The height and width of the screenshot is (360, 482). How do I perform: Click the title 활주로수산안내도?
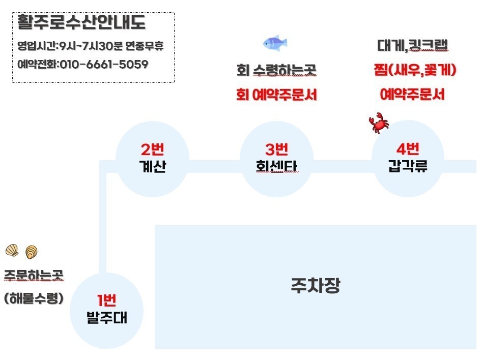tap(81, 23)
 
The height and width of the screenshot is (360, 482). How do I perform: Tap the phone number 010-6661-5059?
tap(104, 65)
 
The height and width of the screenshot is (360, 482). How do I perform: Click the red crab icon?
tap(378, 124)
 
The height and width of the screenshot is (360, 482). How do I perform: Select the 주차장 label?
tap(315, 286)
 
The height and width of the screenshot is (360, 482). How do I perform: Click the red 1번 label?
tap(107, 301)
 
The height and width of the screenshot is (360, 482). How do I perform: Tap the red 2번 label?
tap(152, 150)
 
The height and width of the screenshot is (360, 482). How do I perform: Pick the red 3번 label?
tap(276, 150)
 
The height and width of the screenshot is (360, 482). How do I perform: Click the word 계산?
tap(152, 167)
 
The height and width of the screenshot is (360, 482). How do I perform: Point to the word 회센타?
tap(276, 167)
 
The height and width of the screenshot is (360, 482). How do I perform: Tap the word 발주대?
tap(107, 318)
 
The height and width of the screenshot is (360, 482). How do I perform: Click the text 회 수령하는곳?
tap(276, 70)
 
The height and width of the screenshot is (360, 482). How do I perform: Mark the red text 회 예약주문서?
tap(276, 95)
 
